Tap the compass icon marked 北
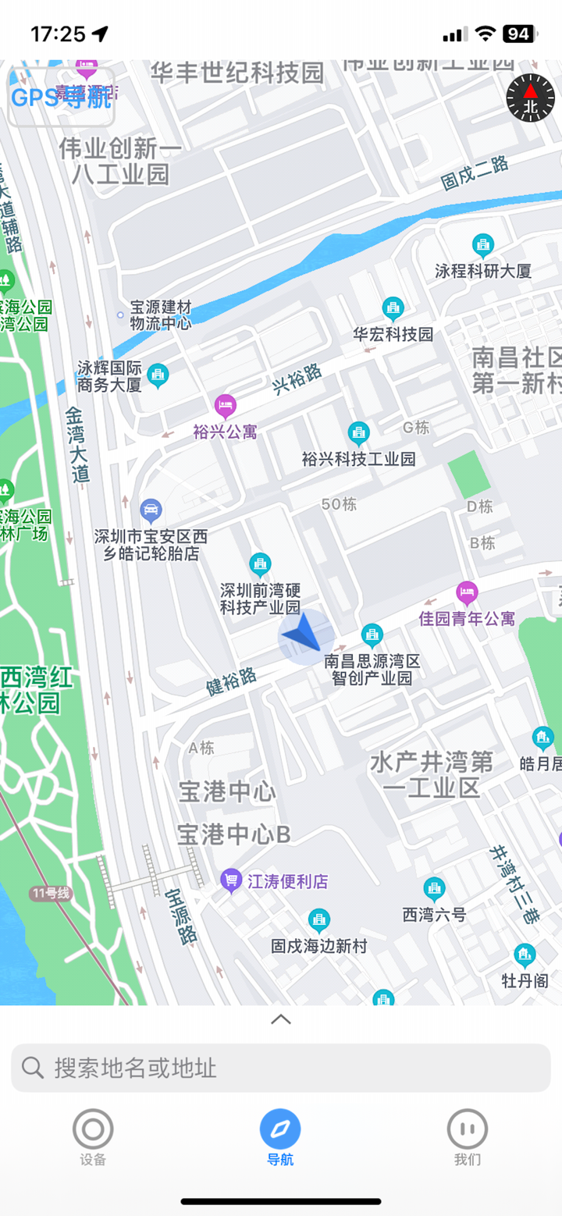(x=531, y=98)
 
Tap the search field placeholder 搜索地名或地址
(x=281, y=1068)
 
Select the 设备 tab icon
(x=93, y=1129)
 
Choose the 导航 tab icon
(x=280, y=1129)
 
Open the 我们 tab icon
(x=468, y=1129)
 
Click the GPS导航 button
(x=61, y=98)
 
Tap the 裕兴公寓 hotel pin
(x=225, y=405)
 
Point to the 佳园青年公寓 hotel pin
(x=467, y=592)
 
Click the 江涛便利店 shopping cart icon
(x=231, y=880)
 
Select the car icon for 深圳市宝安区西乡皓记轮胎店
(x=151, y=511)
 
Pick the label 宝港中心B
(x=233, y=834)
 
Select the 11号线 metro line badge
(x=51, y=894)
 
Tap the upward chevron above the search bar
(x=281, y=1019)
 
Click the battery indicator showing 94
(x=518, y=34)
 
